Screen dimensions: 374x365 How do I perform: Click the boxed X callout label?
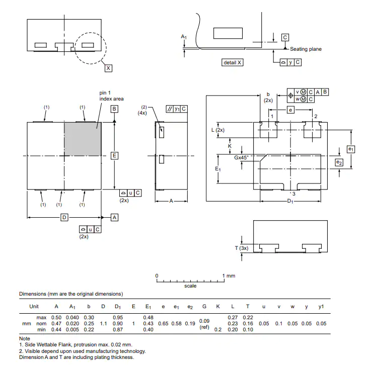[x=108, y=68]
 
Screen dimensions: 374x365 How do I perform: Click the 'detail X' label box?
[x=233, y=62]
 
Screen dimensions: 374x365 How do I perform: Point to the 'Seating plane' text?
[x=306, y=49]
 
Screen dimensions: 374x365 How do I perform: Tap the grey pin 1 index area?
[x=83, y=139]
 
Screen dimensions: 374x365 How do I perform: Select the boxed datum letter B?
[x=114, y=109]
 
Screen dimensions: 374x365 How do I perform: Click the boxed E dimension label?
[x=114, y=156]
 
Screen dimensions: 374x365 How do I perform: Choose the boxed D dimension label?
[x=64, y=217]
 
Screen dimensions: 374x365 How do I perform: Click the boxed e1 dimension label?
[x=351, y=149]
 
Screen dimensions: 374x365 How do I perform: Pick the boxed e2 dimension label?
[x=339, y=162]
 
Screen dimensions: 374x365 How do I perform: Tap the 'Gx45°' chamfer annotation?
[x=241, y=157]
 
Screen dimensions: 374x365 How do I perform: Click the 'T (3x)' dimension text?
[x=242, y=248]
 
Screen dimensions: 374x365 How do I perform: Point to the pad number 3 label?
[x=293, y=194]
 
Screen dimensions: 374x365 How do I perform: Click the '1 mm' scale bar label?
[x=229, y=276]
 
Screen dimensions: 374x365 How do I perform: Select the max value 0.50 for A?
[x=56, y=317]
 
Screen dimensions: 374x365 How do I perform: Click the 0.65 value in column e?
[x=163, y=324]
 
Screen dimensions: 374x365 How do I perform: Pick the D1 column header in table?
[x=118, y=307]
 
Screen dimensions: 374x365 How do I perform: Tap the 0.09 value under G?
[x=204, y=321]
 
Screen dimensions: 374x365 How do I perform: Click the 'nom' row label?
[x=41, y=324]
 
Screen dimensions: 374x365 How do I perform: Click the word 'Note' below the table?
[x=25, y=338]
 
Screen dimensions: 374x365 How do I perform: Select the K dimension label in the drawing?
[x=230, y=146]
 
